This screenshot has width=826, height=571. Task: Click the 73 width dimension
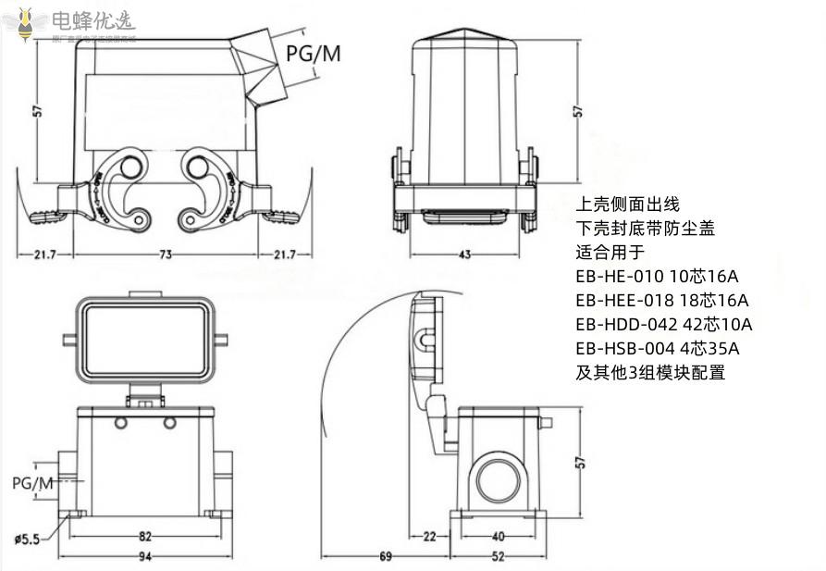pyautogui.click(x=166, y=254)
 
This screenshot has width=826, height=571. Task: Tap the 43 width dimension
pyautogui.click(x=465, y=254)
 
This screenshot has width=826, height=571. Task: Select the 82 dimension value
pyautogui.click(x=144, y=536)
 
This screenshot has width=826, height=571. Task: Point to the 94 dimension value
pyautogui.click(x=144, y=556)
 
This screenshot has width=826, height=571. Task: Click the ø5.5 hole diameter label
pyautogui.click(x=26, y=540)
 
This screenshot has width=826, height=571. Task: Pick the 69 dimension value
pyautogui.click(x=385, y=556)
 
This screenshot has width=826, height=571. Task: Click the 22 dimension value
pyautogui.click(x=428, y=536)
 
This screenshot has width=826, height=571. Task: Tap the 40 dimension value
pyautogui.click(x=499, y=536)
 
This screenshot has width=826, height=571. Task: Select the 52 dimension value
pyautogui.click(x=499, y=556)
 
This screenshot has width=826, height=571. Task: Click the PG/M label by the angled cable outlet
pyautogui.click(x=313, y=54)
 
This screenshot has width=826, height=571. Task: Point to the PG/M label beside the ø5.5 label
pyautogui.click(x=32, y=483)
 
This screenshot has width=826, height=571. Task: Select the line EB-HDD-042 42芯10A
pyautogui.click(x=663, y=324)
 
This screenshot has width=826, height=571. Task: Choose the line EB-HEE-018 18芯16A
pyautogui.click(x=661, y=300)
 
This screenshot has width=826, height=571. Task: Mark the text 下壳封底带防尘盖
pyautogui.click(x=645, y=228)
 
